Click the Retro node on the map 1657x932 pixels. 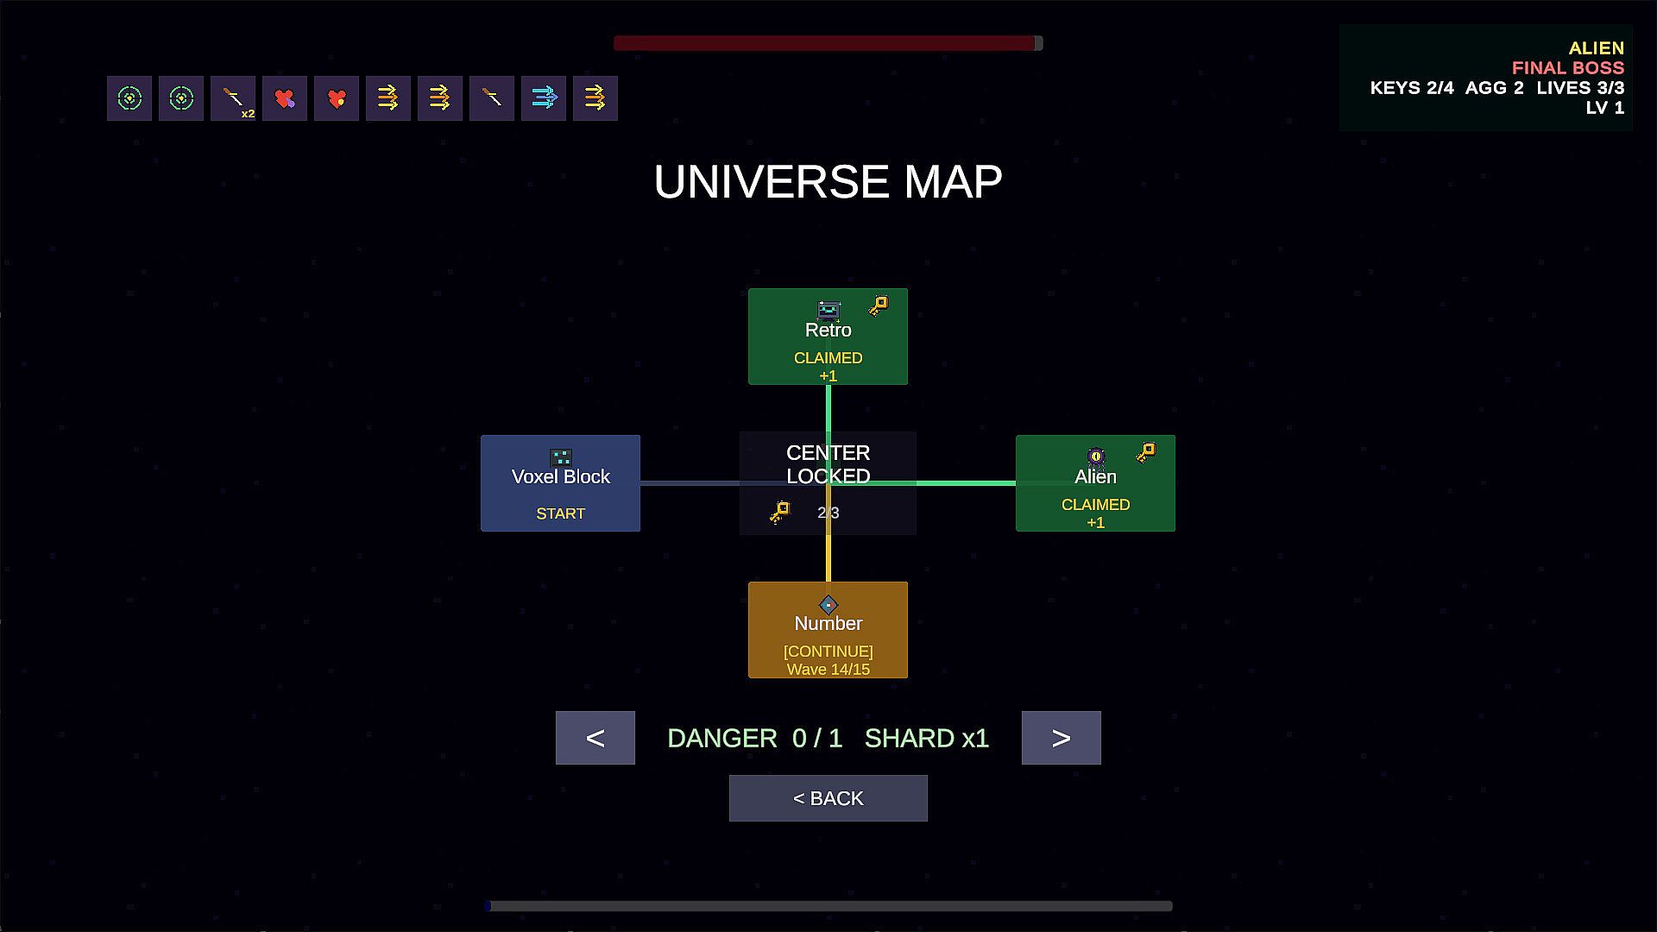pyautogui.click(x=828, y=337)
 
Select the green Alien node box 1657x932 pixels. pyautogui.click(x=1095, y=483)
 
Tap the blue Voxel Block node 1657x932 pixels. pyautogui.click(x=560, y=483)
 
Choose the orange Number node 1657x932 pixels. pyautogui.click(x=828, y=630)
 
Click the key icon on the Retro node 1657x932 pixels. pyautogui.click(x=879, y=306)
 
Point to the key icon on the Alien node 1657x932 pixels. pyautogui.click(x=1146, y=453)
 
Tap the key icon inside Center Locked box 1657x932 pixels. pyautogui.click(x=780, y=513)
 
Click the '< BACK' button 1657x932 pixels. pyautogui.click(x=828, y=798)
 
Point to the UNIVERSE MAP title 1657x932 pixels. pyautogui.click(x=828, y=181)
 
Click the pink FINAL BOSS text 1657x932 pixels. pyautogui.click(x=1567, y=68)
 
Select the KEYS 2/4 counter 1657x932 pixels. pyautogui.click(x=1412, y=88)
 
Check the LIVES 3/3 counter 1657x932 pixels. pyautogui.click(x=1580, y=88)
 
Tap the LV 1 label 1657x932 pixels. pyautogui.click(x=1604, y=108)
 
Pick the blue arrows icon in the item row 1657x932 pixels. pyautogui.click(x=544, y=98)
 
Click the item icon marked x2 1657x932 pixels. pyautogui.click(x=233, y=98)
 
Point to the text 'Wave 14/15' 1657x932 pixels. pyautogui.click(x=828, y=670)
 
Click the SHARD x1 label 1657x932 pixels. pyautogui.click(x=927, y=739)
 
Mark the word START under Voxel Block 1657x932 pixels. pyautogui.click(x=560, y=513)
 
